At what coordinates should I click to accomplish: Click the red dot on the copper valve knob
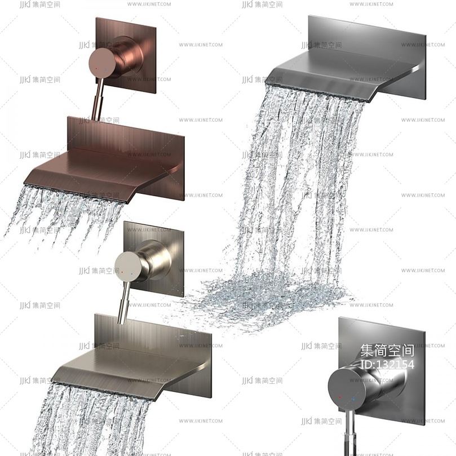click(x=96, y=69)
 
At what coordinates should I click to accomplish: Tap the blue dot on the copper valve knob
click(x=106, y=70)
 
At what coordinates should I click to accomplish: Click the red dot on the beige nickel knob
click(x=122, y=272)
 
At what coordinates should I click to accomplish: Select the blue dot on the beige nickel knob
click(x=132, y=274)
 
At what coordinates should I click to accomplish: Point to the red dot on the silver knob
click(x=340, y=397)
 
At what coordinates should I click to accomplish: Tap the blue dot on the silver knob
click(x=353, y=399)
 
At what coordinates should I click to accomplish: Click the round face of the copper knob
click(x=101, y=63)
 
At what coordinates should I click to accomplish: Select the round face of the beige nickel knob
click(x=127, y=267)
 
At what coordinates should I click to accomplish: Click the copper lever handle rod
click(x=97, y=98)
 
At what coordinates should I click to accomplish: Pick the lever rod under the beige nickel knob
click(x=123, y=303)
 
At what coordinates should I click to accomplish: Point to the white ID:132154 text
click(x=387, y=364)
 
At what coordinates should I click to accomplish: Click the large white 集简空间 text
click(x=387, y=351)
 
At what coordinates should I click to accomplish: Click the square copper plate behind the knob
click(x=126, y=55)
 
